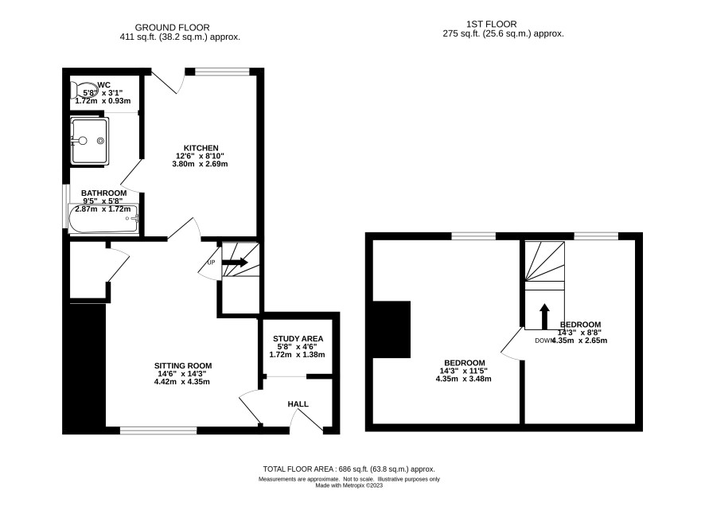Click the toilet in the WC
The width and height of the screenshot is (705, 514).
click(x=80, y=90)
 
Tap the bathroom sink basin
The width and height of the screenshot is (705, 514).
click(x=89, y=141)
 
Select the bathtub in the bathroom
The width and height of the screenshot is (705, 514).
click(x=103, y=219)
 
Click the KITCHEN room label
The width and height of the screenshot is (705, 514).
click(x=201, y=148)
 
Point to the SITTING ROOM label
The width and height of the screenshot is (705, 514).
click(x=183, y=365)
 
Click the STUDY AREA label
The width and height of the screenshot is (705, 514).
click(x=298, y=339)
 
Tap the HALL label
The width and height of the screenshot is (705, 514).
click(x=298, y=404)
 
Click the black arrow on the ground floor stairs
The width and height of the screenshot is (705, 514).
click(x=235, y=262)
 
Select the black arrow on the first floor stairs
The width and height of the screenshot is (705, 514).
click(x=544, y=317)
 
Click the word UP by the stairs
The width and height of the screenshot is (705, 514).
click(x=212, y=262)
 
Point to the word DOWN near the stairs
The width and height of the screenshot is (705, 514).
click(x=544, y=341)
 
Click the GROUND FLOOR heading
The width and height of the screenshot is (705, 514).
click(x=172, y=27)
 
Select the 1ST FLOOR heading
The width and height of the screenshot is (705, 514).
click(x=492, y=24)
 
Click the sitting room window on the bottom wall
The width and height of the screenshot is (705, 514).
click(x=158, y=430)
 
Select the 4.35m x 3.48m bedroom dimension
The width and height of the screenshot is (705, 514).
click(x=464, y=379)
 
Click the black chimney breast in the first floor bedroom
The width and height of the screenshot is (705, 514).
click(x=391, y=329)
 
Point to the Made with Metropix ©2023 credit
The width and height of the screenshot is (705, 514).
click(x=349, y=485)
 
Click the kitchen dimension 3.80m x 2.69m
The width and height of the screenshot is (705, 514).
click(x=200, y=164)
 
